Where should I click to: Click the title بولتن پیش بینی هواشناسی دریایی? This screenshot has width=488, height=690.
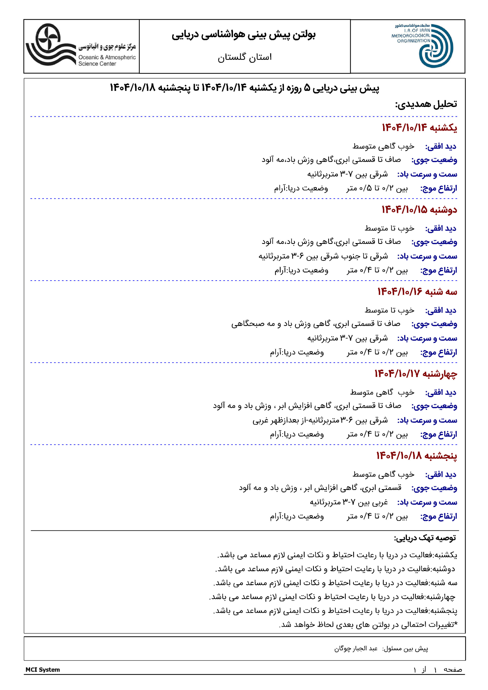tap(243, 35)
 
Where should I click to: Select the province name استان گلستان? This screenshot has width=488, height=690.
tap(245, 57)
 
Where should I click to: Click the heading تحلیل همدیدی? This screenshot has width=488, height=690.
tap(426, 104)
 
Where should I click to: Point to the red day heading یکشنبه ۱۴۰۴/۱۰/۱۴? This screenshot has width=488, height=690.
tap(419, 128)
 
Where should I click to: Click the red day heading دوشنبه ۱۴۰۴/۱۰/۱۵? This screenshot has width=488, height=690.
tap(419, 210)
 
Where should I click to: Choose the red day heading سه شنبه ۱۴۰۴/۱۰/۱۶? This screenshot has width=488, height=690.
tap(417, 292)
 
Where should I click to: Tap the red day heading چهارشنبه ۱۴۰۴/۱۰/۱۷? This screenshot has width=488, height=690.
tap(415, 374)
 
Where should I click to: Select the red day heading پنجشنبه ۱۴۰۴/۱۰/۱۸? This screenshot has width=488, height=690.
tap(417, 456)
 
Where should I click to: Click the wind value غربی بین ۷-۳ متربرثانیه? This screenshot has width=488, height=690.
tap(349, 502)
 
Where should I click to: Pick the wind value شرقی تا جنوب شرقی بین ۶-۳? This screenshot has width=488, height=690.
tap(323, 256)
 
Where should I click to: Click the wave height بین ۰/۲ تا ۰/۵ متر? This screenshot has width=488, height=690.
tap(377, 188)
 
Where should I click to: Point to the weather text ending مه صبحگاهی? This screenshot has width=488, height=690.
tap(316, 324)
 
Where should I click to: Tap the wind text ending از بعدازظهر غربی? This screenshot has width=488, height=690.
tap(320, 420)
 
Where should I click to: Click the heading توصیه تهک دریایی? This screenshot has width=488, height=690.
tap(425, 538)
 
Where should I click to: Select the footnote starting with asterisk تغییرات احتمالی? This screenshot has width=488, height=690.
tap(368, 624)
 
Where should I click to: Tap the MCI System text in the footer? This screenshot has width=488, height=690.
tap(43, 670)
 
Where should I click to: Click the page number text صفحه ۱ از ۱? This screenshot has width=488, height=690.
tap(438, 670)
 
